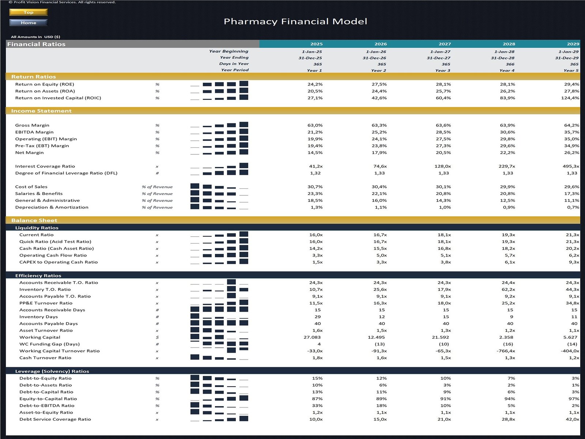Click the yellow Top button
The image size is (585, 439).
pos(29,12)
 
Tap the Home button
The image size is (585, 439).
pos(29,23)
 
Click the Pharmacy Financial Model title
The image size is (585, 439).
pos(295,22)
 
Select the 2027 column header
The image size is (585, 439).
pos(445,44)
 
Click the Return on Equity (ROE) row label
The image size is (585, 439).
pos(45,84)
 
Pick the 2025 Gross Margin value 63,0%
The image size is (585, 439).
pos(315,125)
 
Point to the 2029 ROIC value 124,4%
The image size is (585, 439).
pos(570,98)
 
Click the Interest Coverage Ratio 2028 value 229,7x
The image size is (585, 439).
pos(507,166)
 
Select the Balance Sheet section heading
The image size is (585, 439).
pos(34,220)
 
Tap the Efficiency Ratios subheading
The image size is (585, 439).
pos(38,275)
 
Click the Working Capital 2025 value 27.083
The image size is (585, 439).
pos(312,337)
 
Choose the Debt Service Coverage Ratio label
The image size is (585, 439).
pos(55,419)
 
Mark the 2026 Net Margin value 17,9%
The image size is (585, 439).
pos(379,153)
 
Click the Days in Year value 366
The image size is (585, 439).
pos(510,64)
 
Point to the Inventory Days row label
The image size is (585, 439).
pos(38,317)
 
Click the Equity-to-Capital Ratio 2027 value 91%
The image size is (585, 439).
pos(446,399)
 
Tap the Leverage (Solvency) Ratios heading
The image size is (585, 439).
pos(52,371)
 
